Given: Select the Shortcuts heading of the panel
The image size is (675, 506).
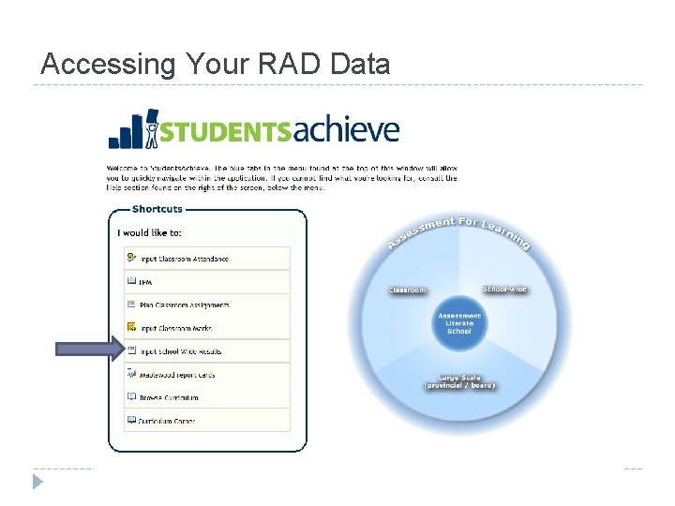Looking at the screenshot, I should pos(157,209).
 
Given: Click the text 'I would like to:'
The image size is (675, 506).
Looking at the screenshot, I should pos(150,232).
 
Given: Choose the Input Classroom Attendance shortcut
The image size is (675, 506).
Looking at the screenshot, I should pos(184,259).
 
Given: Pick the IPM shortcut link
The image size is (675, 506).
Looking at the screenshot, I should pos(145,282).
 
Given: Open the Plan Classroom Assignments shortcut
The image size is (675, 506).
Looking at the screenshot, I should pos(185,305).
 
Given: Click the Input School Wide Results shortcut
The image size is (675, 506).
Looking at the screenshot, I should pos(180,352).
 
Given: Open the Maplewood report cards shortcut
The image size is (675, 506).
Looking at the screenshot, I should pos(177,375).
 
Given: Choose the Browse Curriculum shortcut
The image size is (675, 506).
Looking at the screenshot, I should pos(169,398).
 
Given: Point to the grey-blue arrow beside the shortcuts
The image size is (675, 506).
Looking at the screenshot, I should pos(89,350).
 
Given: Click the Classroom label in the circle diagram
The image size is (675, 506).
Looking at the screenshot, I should pos(408,290).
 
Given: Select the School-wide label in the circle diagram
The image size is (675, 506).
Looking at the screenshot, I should pos(504,290).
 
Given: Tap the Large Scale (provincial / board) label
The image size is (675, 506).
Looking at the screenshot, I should pos(458,382).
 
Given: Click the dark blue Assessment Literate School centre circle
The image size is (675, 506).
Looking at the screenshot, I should pos(459,324).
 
